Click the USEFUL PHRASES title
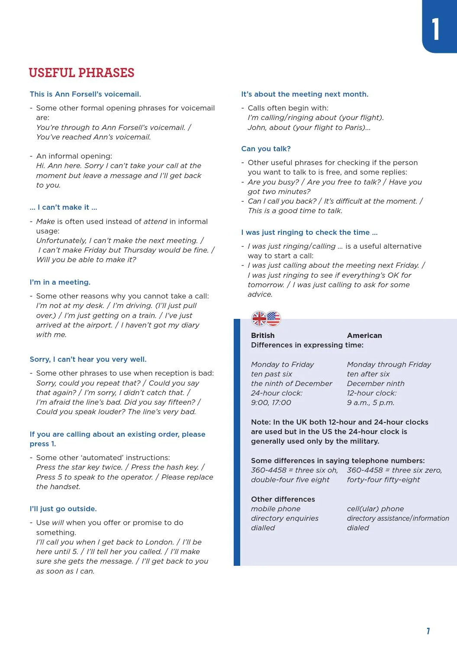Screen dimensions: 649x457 click(81, 73)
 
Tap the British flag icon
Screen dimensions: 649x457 click(259, 319)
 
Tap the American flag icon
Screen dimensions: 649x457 click(274, 319)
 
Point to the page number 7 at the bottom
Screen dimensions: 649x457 click(428, 631)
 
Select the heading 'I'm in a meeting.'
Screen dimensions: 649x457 click(60, 282)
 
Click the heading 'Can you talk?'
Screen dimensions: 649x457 click(266, 149)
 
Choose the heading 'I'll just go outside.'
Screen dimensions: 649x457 click(63, 509)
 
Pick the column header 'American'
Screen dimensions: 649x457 click(364, 336)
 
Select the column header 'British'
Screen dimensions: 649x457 click(263, 336)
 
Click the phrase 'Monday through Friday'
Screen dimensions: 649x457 click(389, 365)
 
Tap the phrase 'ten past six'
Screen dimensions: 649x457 click(271, 374)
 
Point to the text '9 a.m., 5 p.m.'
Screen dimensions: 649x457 click(370, 403)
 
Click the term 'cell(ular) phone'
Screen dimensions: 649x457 click(375, 509)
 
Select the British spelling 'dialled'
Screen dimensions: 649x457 click(263, 528)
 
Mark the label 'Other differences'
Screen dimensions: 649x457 click(283, 500)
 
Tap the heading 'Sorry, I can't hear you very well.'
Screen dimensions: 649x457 click(88, 360)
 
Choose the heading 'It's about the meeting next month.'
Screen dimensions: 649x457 click(305, 94)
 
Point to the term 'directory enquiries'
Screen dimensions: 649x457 click(285, 519)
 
